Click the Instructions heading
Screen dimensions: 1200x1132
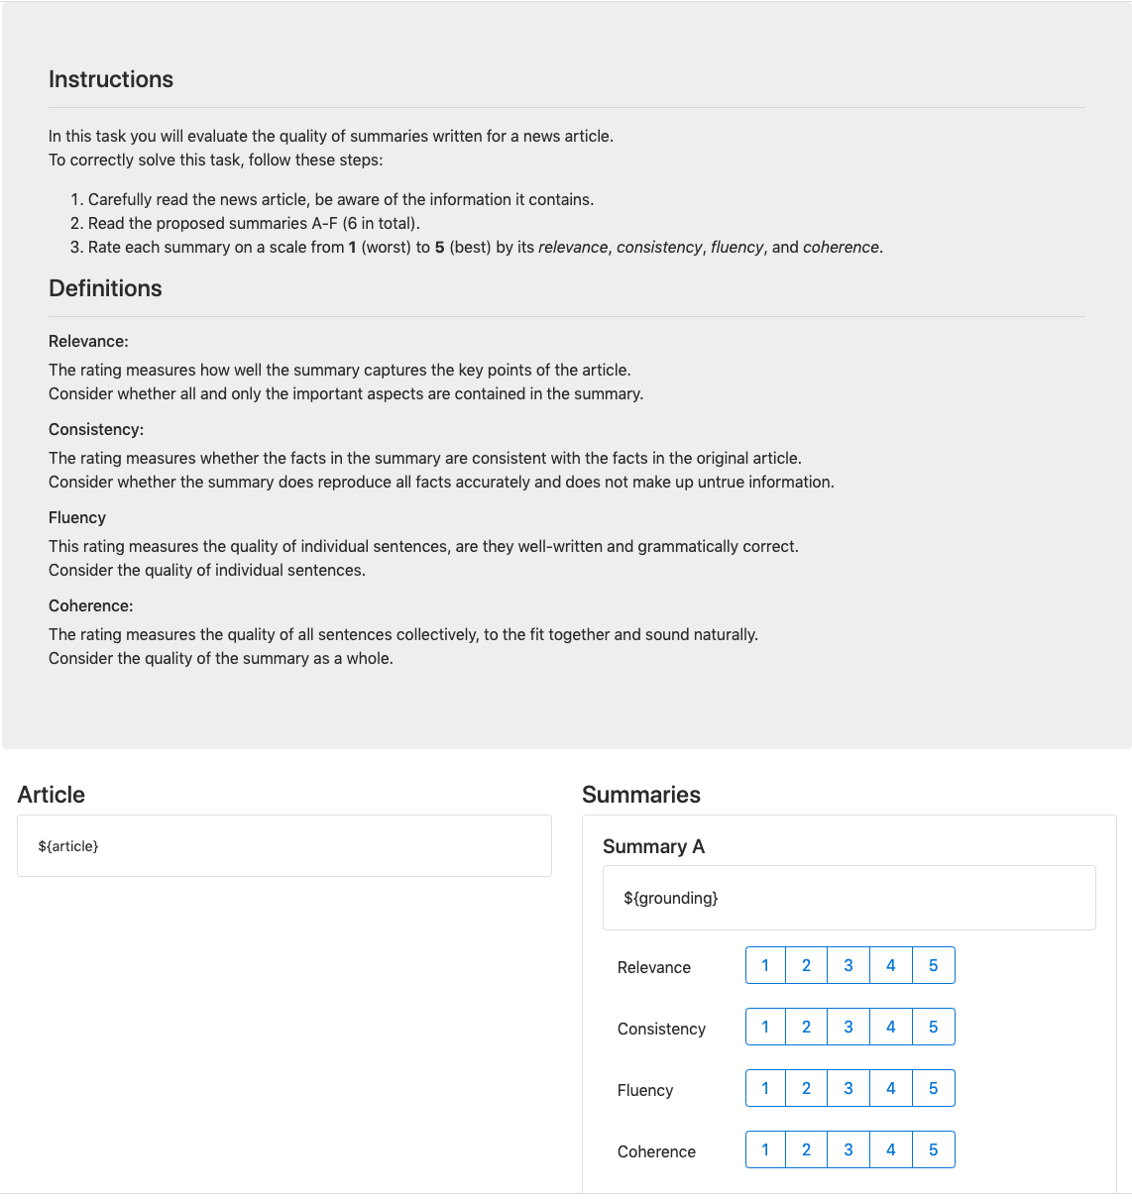pos(111,79)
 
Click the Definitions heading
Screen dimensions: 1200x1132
pos(105,288)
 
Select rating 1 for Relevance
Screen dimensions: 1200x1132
pos(765,965)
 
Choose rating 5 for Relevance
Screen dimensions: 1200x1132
pos(933,965)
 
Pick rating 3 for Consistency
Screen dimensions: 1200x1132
pos(849,1027)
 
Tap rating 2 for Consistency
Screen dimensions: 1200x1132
pos(806,1027)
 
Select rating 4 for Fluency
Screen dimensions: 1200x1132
pos(890,1088)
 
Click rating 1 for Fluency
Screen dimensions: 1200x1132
pos(765,1088)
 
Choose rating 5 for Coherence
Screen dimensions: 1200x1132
pos(933,1149)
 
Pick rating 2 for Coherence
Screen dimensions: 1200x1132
pos(806,1149)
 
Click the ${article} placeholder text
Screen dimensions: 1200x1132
pos(68,846)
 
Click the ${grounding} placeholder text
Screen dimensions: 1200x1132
pos(670,898)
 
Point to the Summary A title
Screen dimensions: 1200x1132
pos(653,846)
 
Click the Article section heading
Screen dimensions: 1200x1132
pos(52,795)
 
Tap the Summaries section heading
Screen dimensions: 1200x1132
pos(641,795)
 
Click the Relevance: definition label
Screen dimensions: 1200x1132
pos(88,341)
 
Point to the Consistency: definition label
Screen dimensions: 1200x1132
pos(96,429)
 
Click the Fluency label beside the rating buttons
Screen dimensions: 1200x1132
pos(645,1090)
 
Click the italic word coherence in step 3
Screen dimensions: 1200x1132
pos(841,247)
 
